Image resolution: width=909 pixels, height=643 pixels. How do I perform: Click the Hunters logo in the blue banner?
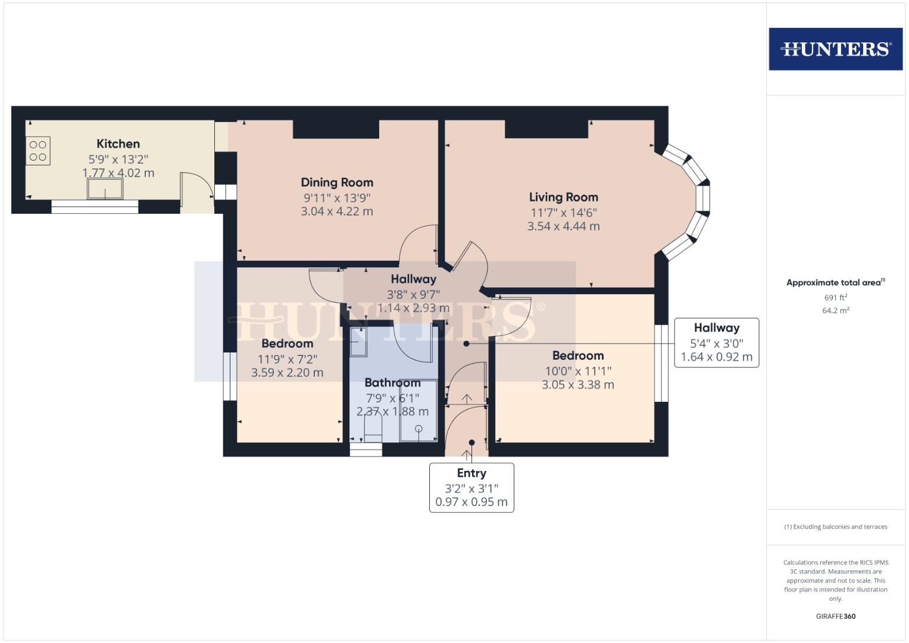point(835,49)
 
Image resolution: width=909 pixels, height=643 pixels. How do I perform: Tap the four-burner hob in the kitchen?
point(38,151)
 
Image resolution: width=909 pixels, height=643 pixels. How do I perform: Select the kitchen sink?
point(105,189)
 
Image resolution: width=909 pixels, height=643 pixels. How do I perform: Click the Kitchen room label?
point(118,143)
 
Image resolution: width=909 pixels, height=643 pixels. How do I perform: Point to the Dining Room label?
point(337,182)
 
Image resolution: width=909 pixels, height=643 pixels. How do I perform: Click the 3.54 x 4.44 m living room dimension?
point(563,226)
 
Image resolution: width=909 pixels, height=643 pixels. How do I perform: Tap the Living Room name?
point(563,197)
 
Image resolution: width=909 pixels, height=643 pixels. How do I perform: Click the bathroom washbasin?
point(359,342)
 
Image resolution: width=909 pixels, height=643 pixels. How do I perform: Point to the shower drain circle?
point(418,429)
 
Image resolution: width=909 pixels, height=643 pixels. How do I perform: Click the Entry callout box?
point(471,487)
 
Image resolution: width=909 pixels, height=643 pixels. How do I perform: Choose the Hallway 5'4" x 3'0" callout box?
point(716,342)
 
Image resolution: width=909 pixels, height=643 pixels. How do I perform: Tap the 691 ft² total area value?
point(835,297)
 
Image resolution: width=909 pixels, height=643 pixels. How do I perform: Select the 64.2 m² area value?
point(835,310)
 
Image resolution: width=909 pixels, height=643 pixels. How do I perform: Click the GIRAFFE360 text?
point(835,616)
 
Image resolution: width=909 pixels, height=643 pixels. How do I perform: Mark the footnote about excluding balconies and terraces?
point(835,527)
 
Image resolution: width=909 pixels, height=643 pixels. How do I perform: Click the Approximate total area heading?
point(835,283)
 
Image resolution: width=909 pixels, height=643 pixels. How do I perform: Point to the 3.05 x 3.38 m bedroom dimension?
point(577,385)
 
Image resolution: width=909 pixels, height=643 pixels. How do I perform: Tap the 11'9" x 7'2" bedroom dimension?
point(287,359)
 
